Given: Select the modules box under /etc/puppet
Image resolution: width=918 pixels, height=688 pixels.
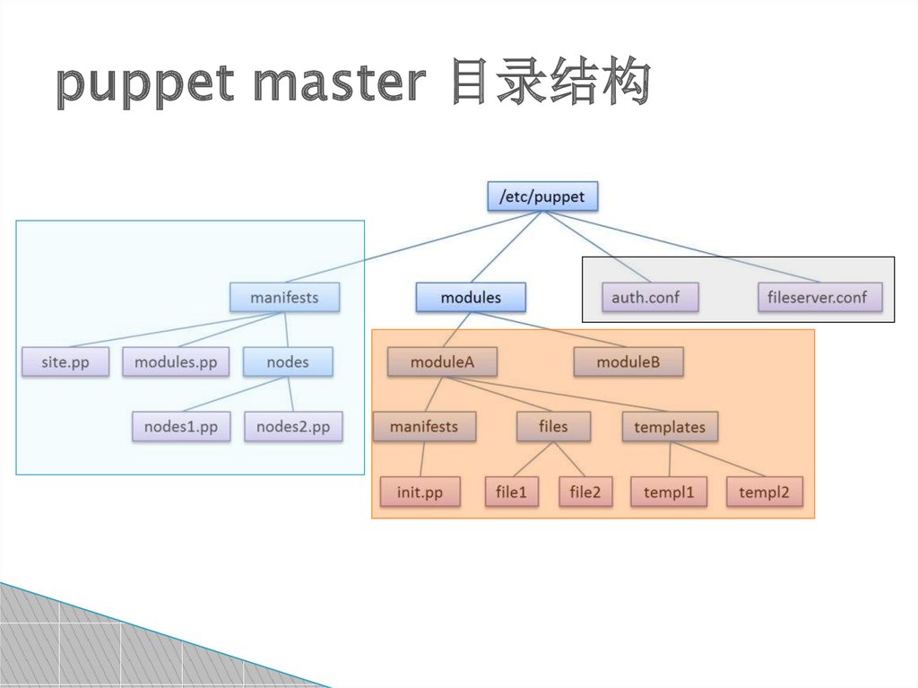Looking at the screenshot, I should click(x=471, y=297).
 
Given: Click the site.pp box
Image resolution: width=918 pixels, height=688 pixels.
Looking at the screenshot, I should click(x=65, y=362).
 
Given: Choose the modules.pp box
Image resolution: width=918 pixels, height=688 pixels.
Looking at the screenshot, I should click(x=176, y=362).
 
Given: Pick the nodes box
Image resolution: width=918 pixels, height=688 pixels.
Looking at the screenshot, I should click(x=288, y=362).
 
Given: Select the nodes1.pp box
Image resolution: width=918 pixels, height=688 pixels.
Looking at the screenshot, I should click(x=181, y=427).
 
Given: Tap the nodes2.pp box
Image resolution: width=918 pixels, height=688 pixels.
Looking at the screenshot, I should click(x=293, y=427).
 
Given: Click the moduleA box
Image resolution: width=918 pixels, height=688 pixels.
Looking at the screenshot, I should click(x=442, y=362).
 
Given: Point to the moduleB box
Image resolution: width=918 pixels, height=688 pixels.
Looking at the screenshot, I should click(x=628, y=362).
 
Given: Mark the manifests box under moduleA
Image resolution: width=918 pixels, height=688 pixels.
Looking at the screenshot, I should click(x=424, y=427).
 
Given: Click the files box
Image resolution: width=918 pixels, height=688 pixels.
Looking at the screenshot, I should click(x=553, y=427).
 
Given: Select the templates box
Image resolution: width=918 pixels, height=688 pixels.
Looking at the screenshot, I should click(x=670, y=427).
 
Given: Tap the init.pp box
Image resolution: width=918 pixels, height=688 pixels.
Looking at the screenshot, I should click(x=420, y=492).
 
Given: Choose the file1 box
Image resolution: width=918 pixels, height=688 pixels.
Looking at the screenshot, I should click(x=512, y=492).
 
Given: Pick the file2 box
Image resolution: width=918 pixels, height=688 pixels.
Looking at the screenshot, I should click(x=585, y=492).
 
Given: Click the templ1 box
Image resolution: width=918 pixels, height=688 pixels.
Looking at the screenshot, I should click(x=669, y=492).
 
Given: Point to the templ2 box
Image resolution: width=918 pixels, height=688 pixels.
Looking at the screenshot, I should click(x=765, y=492).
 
